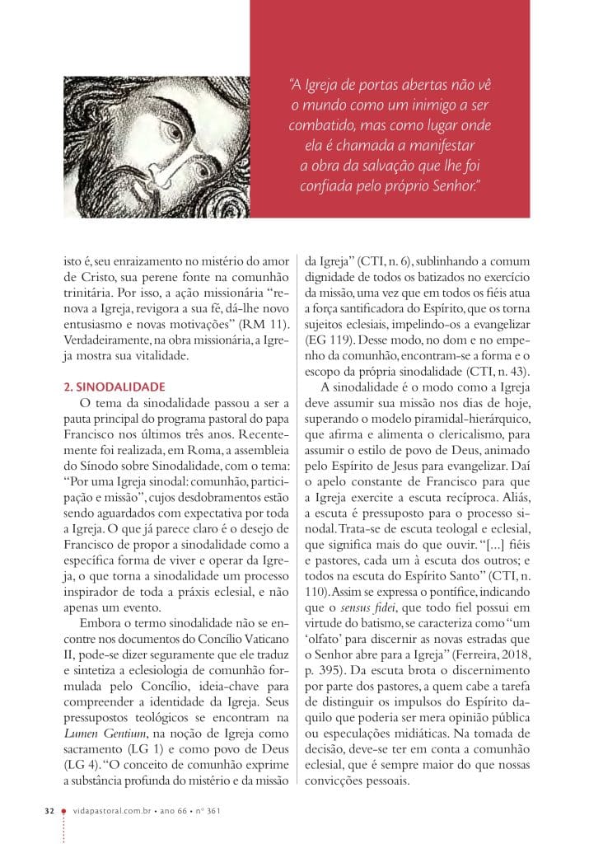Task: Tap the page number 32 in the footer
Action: coord(49,811)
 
